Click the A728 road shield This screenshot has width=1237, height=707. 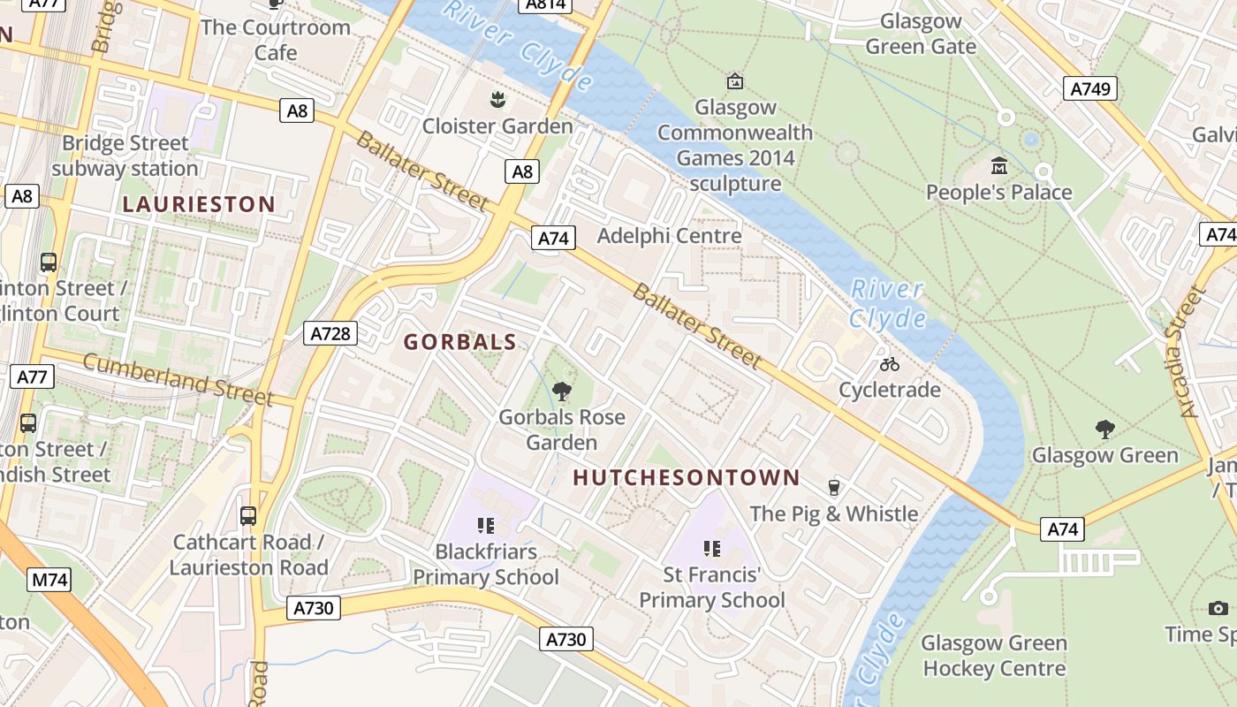click(331, 333)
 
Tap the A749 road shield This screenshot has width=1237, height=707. click(1089, 88)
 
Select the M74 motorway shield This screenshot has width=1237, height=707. click(49, 580)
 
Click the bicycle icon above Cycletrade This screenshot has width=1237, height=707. click(889, 363)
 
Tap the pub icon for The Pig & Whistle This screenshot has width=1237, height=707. click(832, 487)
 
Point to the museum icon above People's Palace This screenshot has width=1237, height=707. click(999, 165)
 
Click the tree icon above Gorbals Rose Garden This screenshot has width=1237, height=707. click(561, 391)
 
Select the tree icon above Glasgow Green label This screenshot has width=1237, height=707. click(1104, 430)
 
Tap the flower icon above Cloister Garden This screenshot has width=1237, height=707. click(497, 99)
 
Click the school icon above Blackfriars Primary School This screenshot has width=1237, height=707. click(485, 526)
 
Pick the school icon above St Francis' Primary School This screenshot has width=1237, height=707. click(712, 549)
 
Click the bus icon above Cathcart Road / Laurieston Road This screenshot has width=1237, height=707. click(248, 515)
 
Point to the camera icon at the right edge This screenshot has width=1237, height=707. click(1218, 608)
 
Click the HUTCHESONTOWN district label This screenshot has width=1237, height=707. click(687, 478)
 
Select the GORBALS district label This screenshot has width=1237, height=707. click(459, 342)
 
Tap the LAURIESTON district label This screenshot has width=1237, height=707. click(199, 204)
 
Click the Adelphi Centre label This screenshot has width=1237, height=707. click(669, 236)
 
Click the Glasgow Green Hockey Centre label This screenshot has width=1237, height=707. click(994, 656)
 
